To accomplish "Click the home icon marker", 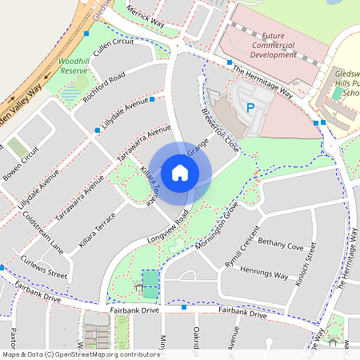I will point(180,172).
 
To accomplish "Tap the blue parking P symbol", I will point(250,107).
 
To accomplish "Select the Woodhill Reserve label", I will point(73,66).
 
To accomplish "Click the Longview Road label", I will point(167,228).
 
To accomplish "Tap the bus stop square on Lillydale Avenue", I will point(98,130).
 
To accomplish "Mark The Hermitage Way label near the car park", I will point(262,81).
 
